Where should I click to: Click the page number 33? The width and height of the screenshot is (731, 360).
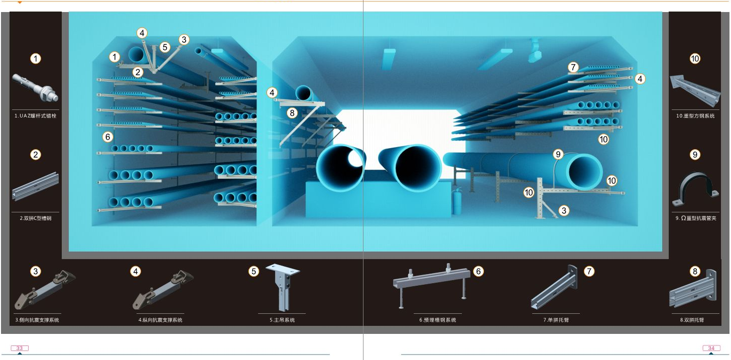(x=20, y=348)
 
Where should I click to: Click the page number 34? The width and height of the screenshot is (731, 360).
(x=711, y=348)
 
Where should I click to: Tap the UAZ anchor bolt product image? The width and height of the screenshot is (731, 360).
(x=35, y=87)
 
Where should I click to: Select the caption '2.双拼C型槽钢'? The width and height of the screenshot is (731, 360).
(x=36, y=218)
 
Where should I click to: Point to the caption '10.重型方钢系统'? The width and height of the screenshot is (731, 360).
(x=695, y=116)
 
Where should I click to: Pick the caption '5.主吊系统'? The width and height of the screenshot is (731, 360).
(x=282, y=320)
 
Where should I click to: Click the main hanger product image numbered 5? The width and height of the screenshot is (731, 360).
(x=283, y=287)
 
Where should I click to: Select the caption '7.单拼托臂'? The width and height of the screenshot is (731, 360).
(x=556, y=320)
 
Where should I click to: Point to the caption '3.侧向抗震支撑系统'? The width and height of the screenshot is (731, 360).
(x=37, y=320)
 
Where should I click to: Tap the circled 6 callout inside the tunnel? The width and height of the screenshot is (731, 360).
(x=107, y=137)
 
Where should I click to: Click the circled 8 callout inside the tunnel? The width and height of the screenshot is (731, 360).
(x=292, y=113)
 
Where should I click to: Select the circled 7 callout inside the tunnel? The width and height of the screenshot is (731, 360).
(x=573, y=67)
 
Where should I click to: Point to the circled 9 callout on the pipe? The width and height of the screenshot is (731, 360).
(x=558, y=154)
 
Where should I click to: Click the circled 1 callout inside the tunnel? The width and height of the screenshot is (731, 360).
(x=114, y=57)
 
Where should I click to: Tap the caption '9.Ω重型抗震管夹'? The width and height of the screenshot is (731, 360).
(x=696, y=218)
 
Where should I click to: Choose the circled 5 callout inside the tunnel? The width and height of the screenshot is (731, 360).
(x=165, y=47)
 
